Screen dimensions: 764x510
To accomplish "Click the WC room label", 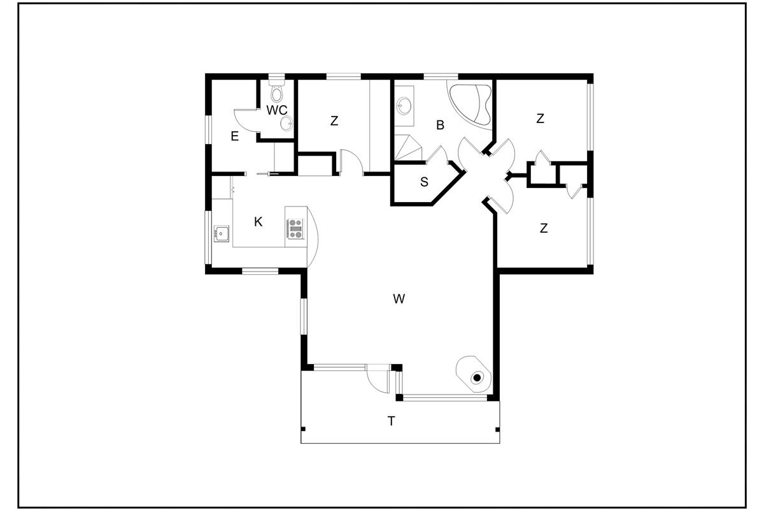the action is click(x=276, y=110).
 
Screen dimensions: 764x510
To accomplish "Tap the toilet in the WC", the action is click(x=276, y=91).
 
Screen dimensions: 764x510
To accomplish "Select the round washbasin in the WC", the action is click(x=286, y=123).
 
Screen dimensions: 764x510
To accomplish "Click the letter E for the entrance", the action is click(x=235, y=136).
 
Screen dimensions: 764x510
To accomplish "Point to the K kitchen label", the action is click(x=258, y=222).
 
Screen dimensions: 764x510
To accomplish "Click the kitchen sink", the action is click(x=222, y=234).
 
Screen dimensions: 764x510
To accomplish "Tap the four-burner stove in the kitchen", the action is click(x=295, y=228).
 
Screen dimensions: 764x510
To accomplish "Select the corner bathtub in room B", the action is click(x=470, y=104).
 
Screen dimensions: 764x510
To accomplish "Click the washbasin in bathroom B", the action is click(x=404, y=105).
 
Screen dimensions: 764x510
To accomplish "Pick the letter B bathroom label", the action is click(x=441, y=125).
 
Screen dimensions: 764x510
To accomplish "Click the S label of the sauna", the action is click(x=424, y=182).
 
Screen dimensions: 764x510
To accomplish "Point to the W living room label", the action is click(x=399, y=298).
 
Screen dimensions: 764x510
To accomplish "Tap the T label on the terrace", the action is click(x=391, y=421).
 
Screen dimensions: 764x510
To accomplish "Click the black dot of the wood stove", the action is click(x=477, y=377).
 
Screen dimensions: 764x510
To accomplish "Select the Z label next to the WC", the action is click(x=334, y=120).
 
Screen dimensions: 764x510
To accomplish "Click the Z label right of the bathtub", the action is click(x=540, y=119).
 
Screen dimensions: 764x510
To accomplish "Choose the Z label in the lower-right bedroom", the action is click(x=544, y=228).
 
